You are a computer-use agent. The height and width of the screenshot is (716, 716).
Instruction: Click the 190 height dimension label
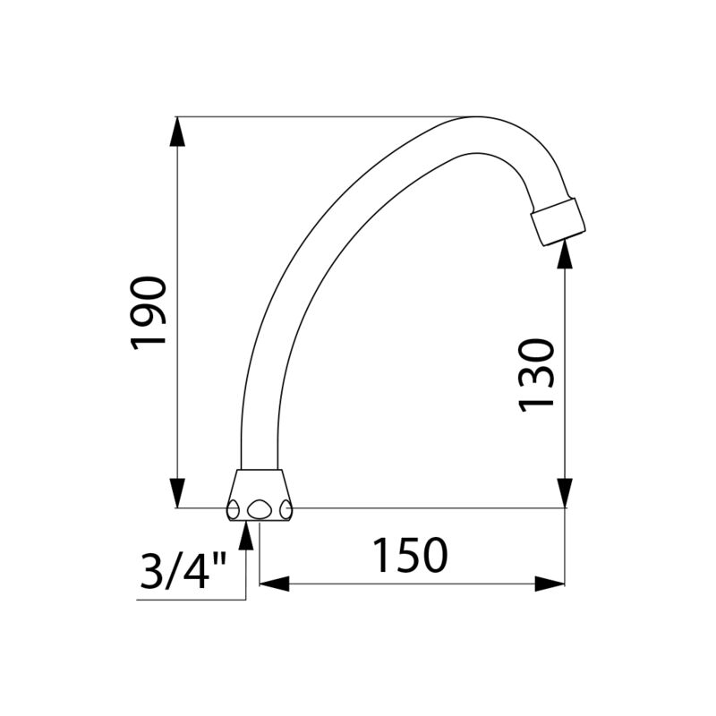click(149, 313)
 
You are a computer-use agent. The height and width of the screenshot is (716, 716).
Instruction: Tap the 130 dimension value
click(538, 374)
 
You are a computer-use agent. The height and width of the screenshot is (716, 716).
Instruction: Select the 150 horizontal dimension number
click(410, 556)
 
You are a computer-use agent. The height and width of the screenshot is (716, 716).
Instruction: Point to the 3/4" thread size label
click(184, 569)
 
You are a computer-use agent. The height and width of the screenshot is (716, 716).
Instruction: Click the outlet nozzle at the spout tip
click(558, 222)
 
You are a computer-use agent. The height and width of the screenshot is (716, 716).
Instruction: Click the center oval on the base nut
click(260, 509)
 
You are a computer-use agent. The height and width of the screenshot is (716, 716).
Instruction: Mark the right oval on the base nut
click(286, 509)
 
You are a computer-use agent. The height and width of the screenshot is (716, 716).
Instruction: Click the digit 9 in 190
click(149, 313)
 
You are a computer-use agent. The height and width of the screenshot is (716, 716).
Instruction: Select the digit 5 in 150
click(410, 556)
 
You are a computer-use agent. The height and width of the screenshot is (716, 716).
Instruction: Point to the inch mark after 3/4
click(220, 559)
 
